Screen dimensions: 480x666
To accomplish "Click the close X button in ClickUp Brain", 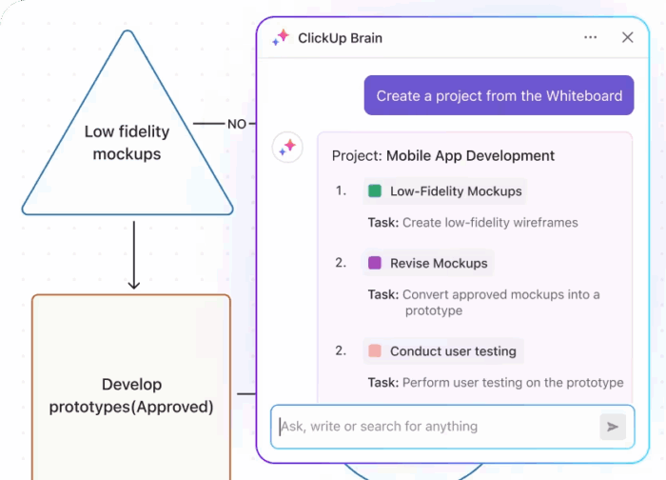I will pos(627,38).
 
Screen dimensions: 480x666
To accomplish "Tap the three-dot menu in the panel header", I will pos(591,38).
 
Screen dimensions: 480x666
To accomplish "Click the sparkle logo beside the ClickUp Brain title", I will pos(281,38).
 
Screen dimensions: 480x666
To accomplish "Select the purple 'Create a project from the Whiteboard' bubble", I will pos(499,95).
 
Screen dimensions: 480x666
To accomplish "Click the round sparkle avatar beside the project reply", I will pos(288,148).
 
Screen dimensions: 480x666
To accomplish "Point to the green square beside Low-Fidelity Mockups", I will pos(375,191).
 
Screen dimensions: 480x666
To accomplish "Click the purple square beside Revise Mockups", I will pos(375,264).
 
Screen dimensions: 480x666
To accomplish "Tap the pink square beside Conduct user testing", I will pos(375,351).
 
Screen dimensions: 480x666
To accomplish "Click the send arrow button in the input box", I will pos(613,427).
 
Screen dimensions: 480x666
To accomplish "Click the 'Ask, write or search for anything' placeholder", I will pos(379,427).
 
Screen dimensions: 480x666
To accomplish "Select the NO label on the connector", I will pos(236,124).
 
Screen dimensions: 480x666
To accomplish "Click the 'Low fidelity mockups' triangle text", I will pos(127,143).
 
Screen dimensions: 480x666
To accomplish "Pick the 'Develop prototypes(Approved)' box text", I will pos(131,396).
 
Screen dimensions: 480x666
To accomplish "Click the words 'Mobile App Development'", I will pos(470,155).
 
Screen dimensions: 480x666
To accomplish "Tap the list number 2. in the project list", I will pos(341,263).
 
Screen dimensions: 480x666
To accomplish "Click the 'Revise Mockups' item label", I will pos(439,264).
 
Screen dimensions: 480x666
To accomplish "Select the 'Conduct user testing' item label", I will pos(453,351).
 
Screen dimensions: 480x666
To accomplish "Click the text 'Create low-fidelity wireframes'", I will pos(490,223).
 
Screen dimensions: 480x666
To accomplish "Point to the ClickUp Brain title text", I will pos(340,38).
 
